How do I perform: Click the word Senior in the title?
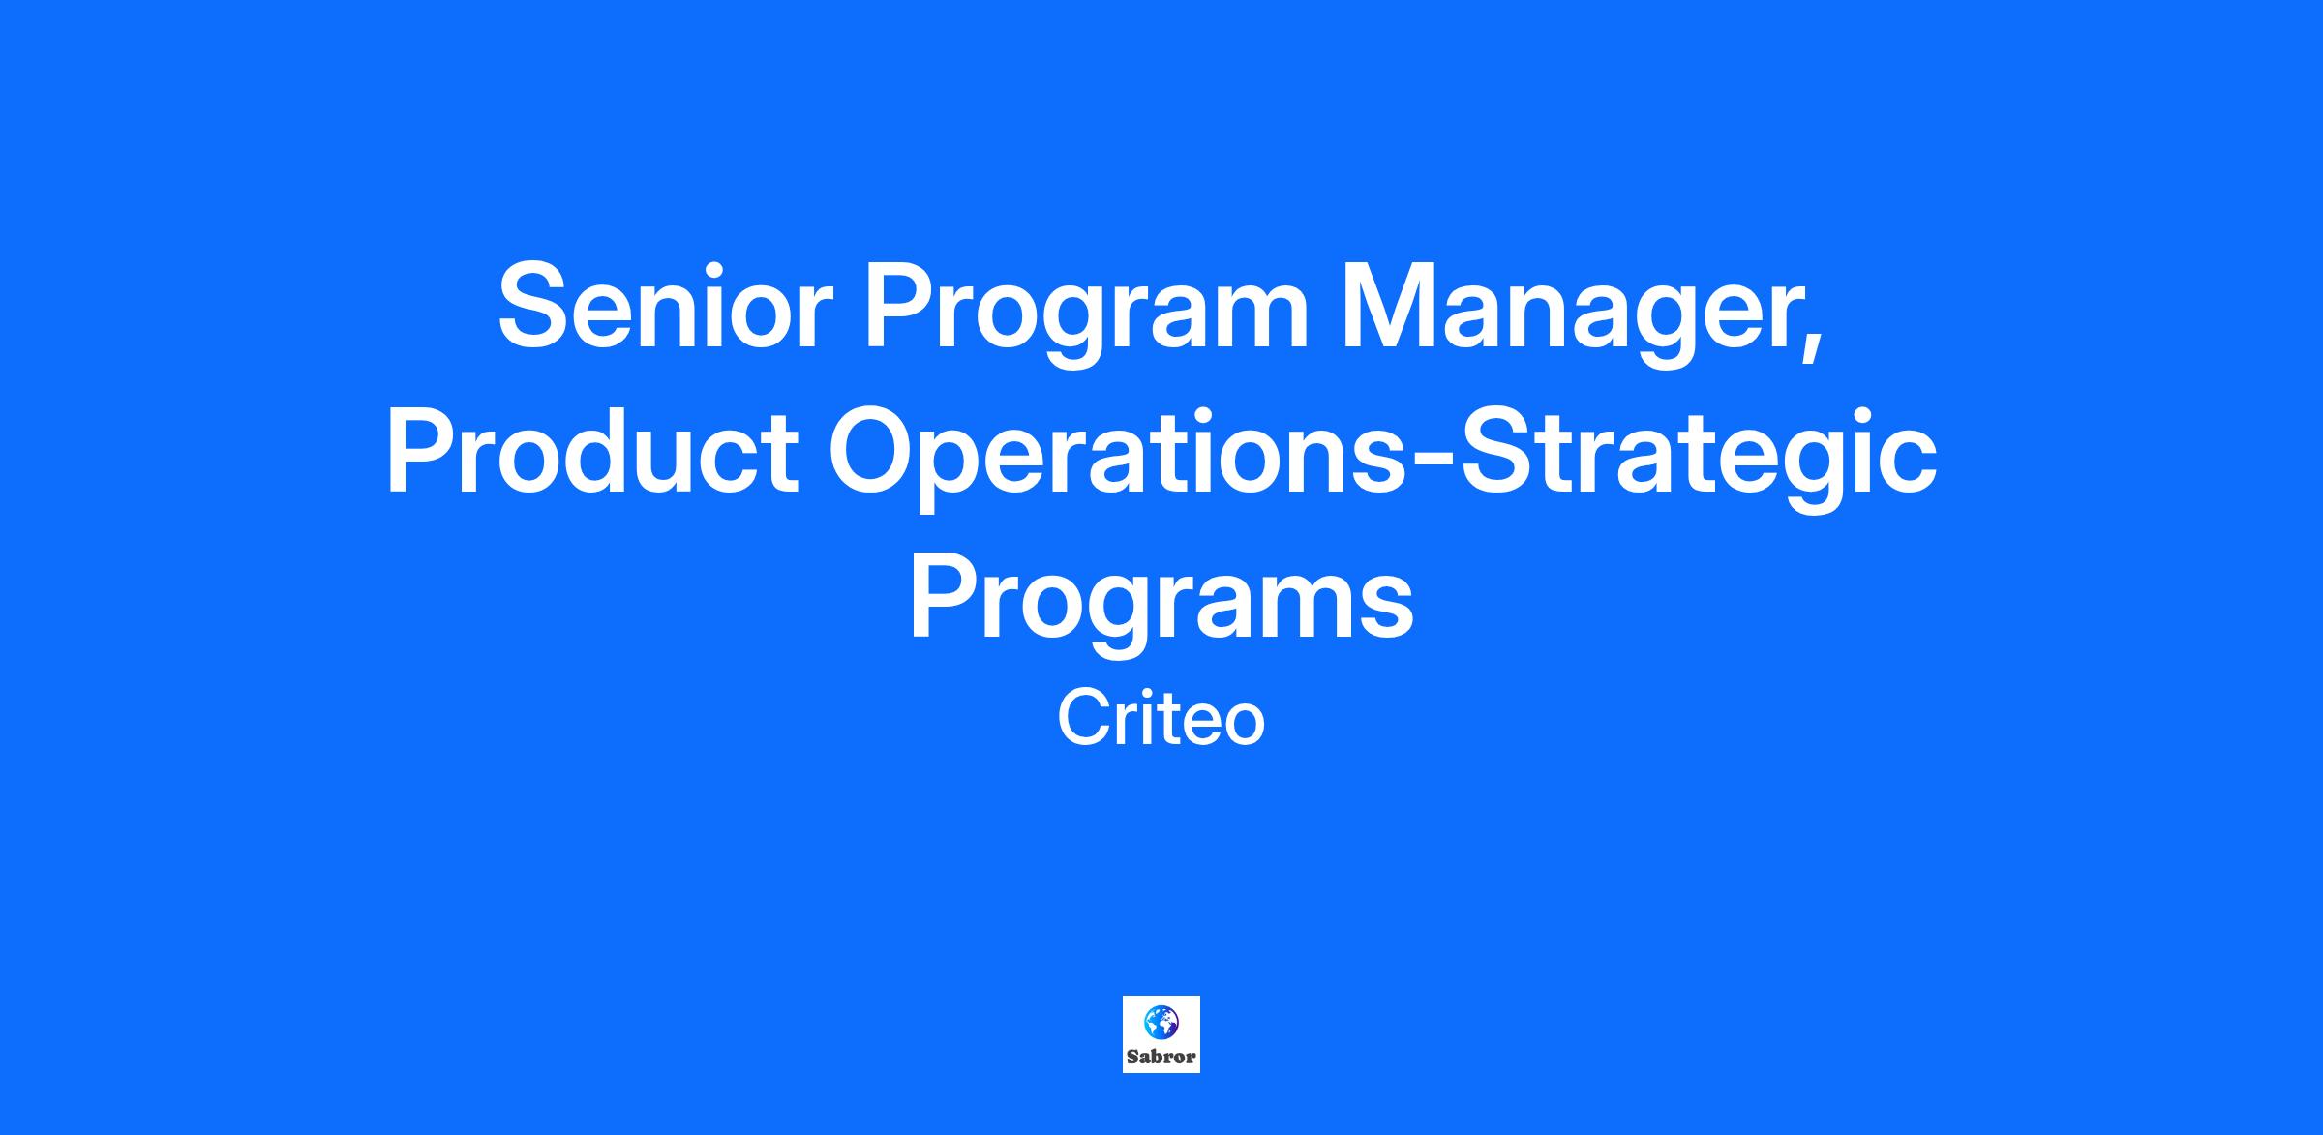pyautogui.click(x=665, y=306)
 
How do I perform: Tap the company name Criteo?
pyautogui.click(x=1161, y=720)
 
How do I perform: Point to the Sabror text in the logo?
pyautogui.click(x=1161, y=1057)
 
